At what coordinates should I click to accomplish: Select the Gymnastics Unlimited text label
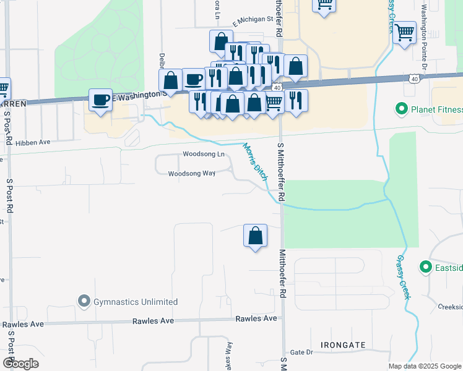pos(136,302)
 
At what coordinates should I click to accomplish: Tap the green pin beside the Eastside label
pos(425,267)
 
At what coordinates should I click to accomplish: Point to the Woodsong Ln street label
pos(204,154)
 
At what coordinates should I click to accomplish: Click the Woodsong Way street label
pos(192,174)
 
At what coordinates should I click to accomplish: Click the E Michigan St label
pos(253,19)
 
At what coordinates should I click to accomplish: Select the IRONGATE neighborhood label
pos(343,344)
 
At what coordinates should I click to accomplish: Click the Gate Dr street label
pos(302,352)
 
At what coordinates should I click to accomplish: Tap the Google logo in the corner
pos(20,364)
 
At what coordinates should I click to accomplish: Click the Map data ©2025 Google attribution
pos(425,366)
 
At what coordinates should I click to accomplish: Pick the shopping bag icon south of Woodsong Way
pos(255,236)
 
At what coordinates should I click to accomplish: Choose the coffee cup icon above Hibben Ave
pos(100,100)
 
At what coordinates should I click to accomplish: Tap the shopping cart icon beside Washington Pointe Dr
pos(405,32)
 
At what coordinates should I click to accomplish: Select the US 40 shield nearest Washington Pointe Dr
pos(413,79)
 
